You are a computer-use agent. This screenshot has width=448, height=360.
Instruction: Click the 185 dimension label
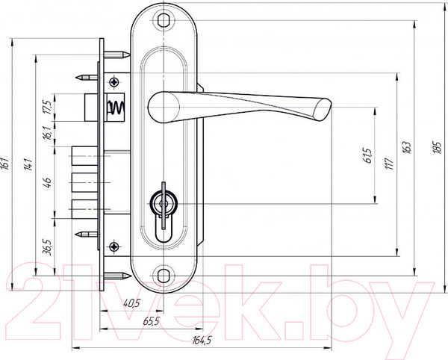(x=437, y=147)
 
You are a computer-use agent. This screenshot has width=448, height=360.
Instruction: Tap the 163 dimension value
(x=407, y=147)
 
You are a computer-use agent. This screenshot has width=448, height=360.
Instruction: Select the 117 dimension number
(x=389, y=164)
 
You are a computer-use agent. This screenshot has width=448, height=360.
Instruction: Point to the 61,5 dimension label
(x=368, y=155)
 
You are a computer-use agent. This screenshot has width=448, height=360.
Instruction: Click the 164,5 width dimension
(x=202, y=340)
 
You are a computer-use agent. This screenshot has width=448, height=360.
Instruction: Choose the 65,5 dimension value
(x=151, y=321)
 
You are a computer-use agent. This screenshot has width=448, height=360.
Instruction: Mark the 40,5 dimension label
(x=131, y=302)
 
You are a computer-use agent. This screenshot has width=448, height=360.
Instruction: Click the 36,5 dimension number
(x=47, y=247)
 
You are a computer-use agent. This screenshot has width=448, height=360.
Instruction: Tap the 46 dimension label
(x=47, y=182)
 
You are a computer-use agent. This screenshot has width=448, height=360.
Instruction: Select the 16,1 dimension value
(x=48, y=133)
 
